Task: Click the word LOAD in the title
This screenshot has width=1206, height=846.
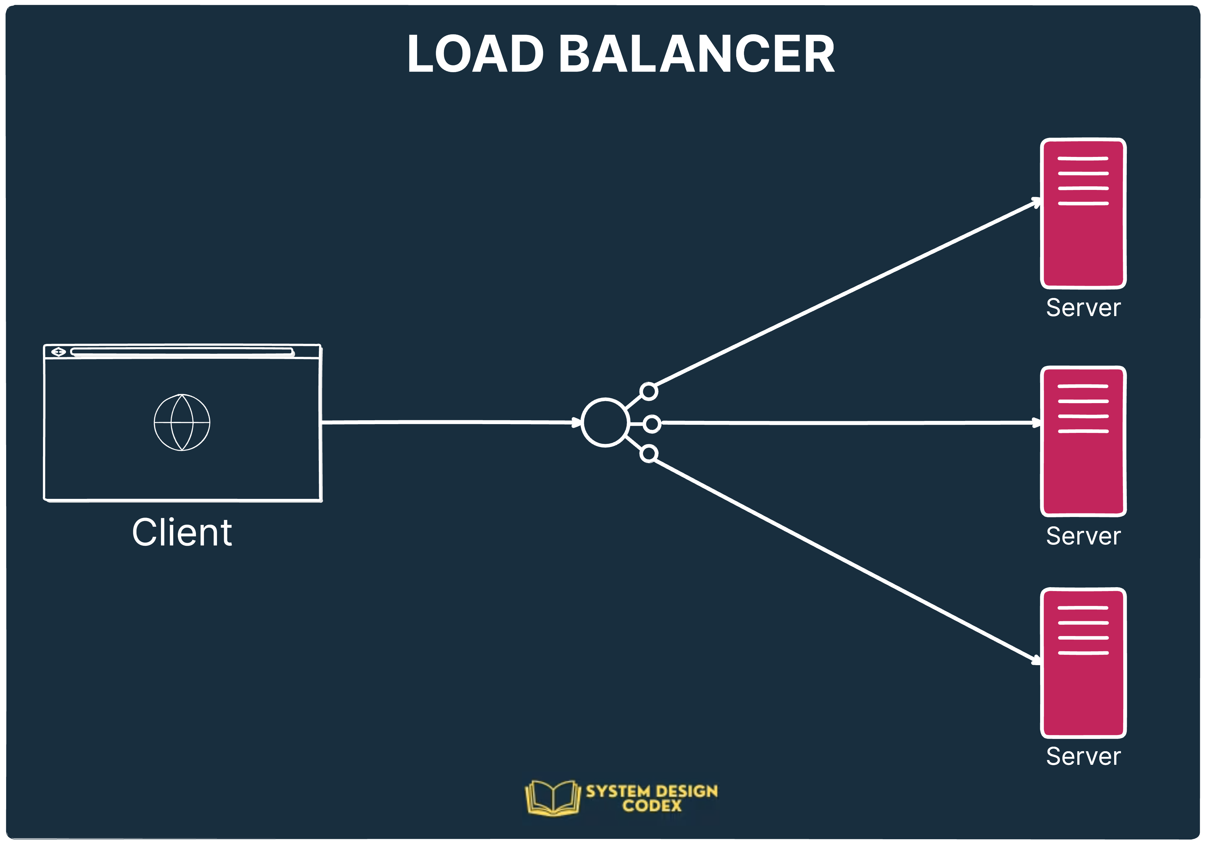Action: click(475, 54)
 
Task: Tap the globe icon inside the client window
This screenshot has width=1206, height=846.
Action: click(182, 423)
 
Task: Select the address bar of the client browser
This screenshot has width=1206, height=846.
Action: click(182, 352)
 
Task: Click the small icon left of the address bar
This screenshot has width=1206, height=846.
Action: click(58, 352)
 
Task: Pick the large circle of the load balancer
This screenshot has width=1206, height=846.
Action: click(605, 423)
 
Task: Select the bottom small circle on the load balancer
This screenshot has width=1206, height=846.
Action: click(649, 454)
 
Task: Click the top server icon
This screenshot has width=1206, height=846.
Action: click(1083, 213)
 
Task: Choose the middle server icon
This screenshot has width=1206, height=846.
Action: click(1083, 441)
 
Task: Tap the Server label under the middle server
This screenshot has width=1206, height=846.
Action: click(1083, 536)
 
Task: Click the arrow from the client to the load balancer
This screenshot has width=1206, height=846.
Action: click(447, 422)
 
